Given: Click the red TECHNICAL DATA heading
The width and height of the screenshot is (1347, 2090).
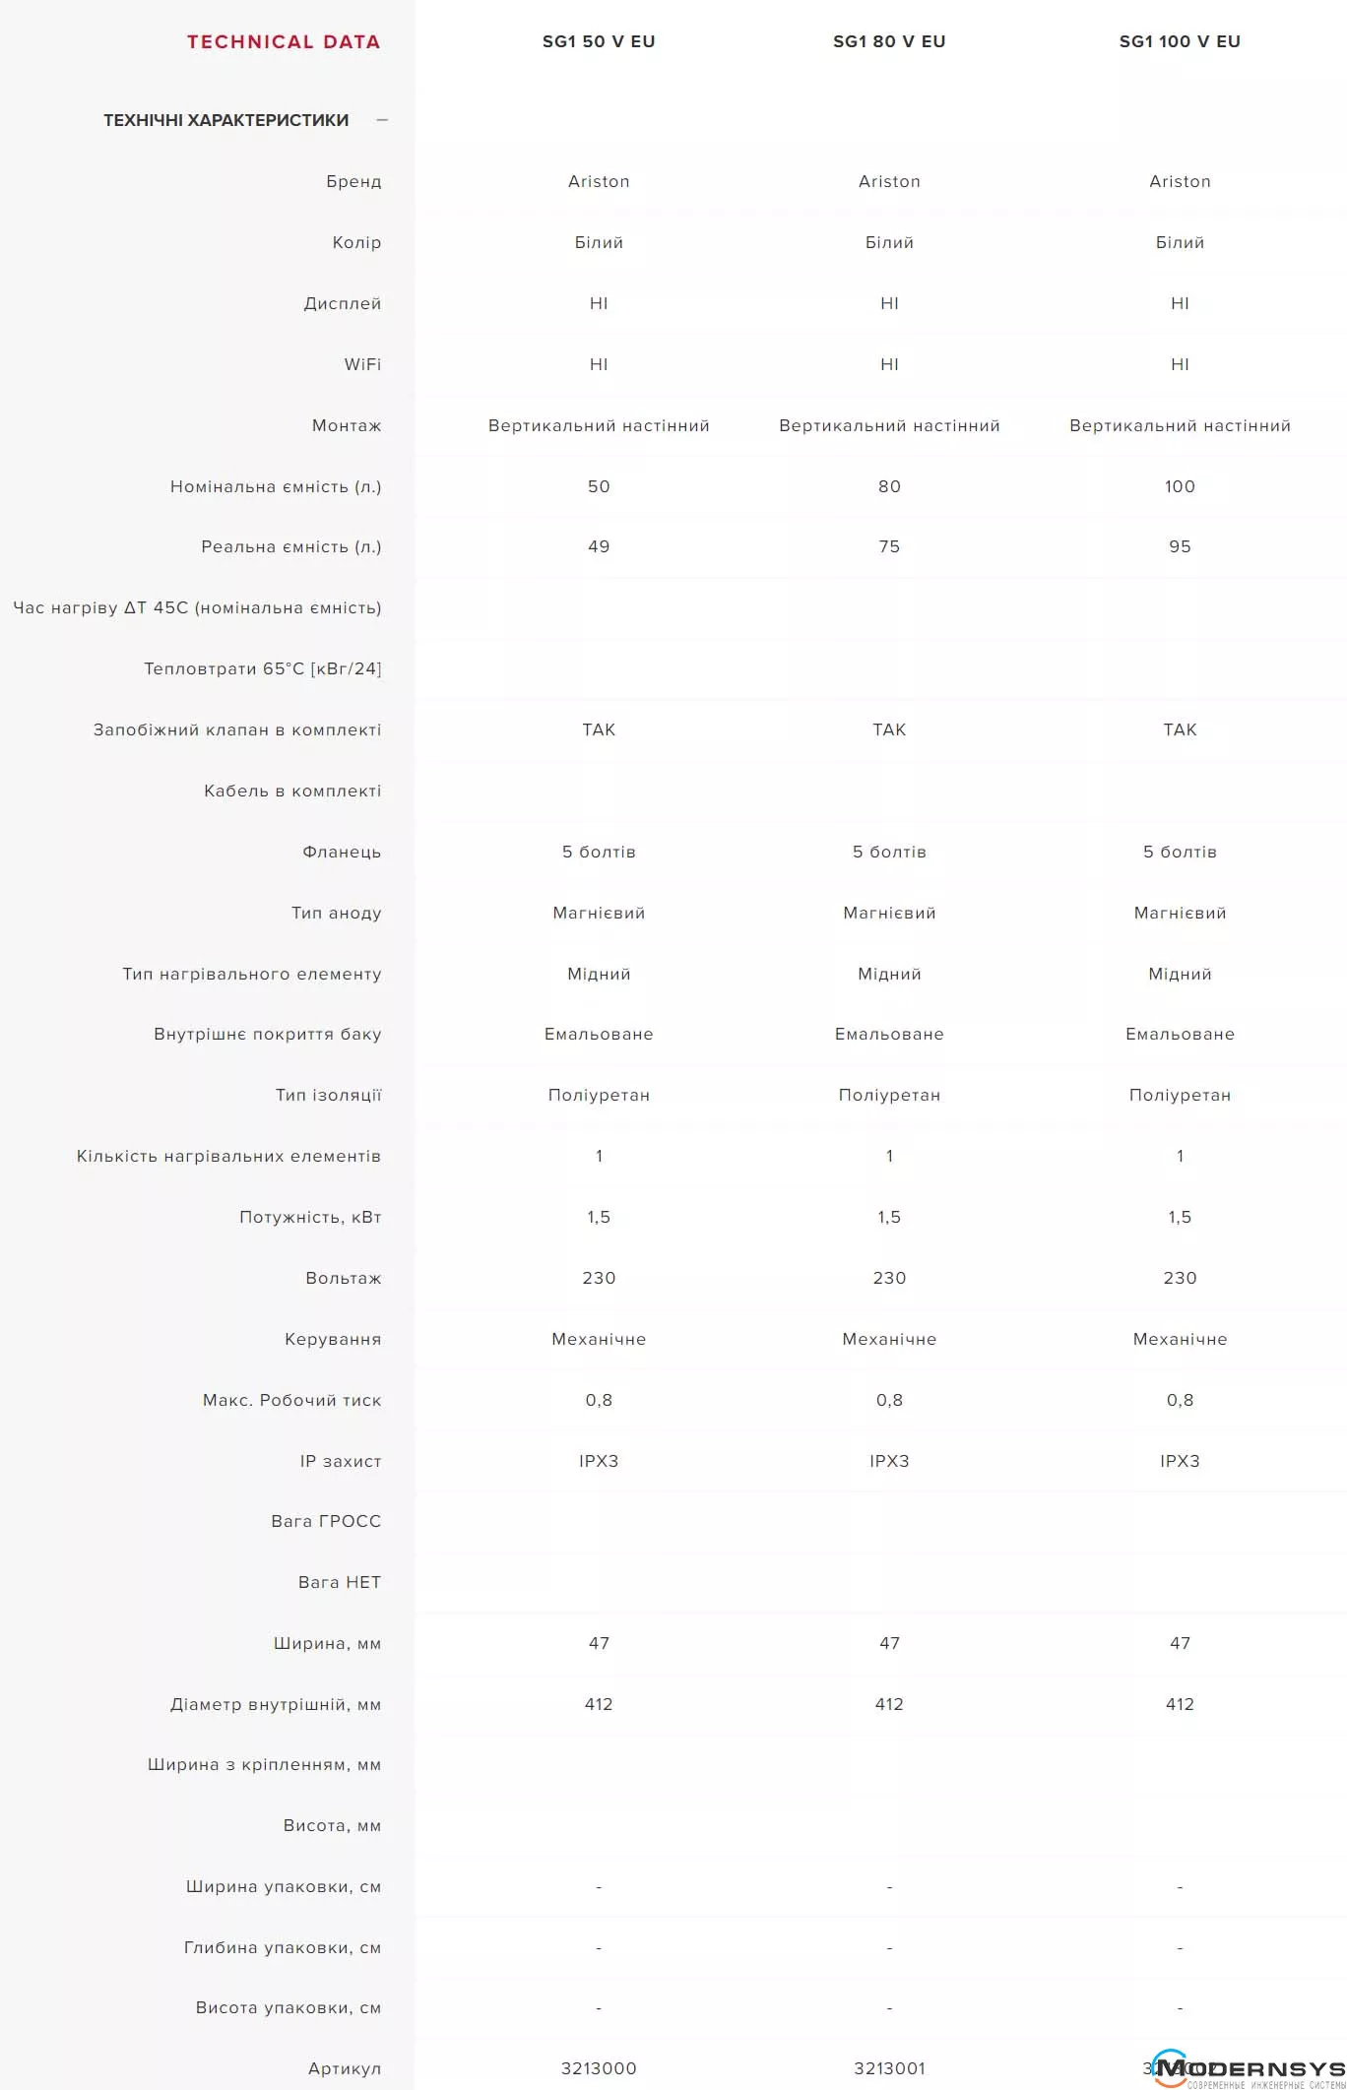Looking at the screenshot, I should [284, 41].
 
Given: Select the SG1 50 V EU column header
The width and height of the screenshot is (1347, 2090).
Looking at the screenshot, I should [599, 41].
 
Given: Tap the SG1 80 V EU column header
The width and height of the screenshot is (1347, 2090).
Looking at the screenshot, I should [889, 41].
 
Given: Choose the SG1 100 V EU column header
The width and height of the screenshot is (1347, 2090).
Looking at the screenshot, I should [1180, 41].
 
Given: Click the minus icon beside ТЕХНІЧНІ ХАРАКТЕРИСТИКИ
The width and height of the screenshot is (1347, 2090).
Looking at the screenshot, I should [382, 120].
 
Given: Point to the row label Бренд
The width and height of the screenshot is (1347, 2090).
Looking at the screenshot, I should [353, 181].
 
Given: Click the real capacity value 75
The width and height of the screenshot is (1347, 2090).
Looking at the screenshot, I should [889, 546].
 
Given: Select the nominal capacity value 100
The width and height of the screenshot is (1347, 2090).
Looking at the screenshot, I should [1180, 486].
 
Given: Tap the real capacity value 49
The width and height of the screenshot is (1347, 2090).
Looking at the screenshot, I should [599, 546].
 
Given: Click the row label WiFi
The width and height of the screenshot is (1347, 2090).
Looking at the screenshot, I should [362, 364].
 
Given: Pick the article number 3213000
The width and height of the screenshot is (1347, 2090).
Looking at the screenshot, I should [599, 2068].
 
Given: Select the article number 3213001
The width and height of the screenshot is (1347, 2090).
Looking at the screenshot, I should [889, 2068].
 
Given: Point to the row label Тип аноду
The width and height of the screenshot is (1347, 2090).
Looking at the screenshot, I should [336, 913].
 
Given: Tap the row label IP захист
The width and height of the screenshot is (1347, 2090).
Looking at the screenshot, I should [340, 1461].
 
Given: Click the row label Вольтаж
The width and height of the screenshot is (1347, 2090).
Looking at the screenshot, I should [343, 1278].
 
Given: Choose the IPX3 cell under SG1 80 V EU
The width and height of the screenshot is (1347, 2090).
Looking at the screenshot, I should [889, 1461].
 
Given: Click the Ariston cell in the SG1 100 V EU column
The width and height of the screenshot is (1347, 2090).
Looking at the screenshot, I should [1180, 181].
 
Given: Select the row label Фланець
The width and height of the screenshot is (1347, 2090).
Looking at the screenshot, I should [341, 852].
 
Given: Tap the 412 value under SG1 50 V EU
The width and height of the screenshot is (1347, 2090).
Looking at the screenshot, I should [599, 1704].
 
